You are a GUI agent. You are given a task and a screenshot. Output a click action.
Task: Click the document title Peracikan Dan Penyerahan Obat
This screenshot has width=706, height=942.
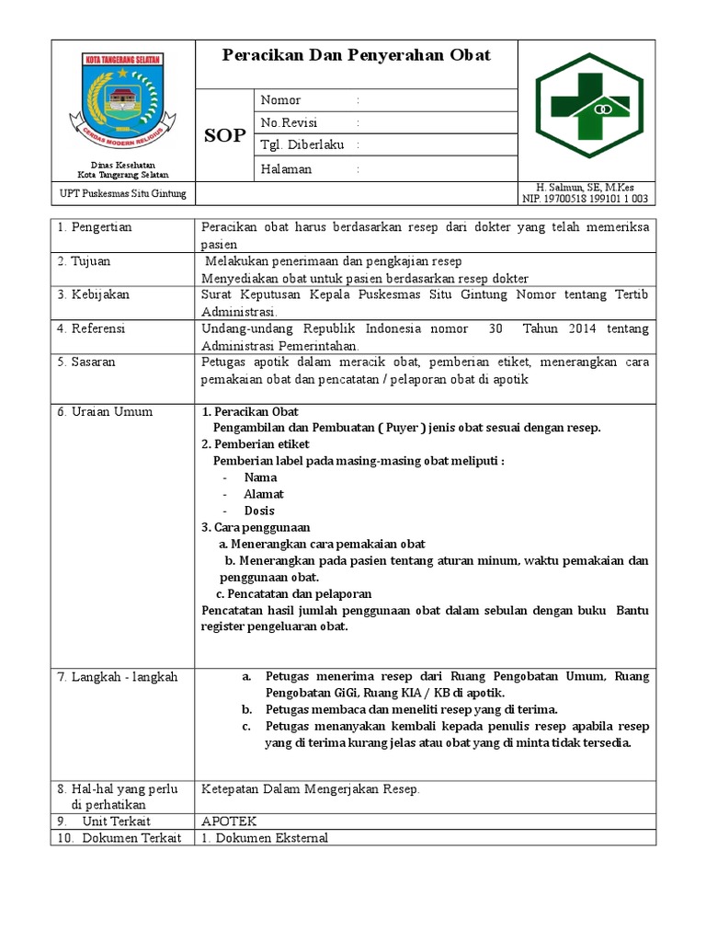[x=357, y=55]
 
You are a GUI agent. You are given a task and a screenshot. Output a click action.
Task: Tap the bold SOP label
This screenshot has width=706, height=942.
[x=224, y=136]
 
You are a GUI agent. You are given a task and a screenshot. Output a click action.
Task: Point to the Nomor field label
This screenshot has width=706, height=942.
[x=280, y=100]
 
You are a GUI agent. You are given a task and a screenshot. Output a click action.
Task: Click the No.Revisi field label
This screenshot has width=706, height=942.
[x=286, y=123]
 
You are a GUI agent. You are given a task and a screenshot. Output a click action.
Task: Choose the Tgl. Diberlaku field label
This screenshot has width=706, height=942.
[x=299, y=145]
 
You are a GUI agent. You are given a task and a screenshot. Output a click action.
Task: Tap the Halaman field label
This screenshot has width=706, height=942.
[x=286, y=169]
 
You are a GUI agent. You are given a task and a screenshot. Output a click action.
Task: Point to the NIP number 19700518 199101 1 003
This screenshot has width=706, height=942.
[x=585, y=198]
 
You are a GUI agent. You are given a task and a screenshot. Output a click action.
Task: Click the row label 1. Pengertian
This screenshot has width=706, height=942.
[x=95, y=227]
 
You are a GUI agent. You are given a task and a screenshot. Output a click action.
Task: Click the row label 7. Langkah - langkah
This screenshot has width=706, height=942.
[x=118, y=676]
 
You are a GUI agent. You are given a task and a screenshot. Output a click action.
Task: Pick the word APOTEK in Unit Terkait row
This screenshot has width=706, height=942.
[x=229, y=821]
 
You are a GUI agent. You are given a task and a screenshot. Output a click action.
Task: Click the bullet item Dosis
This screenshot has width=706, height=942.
[x=259, y=511]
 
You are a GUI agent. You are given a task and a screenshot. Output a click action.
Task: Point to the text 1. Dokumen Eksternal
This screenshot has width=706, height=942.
[x=264, y=837]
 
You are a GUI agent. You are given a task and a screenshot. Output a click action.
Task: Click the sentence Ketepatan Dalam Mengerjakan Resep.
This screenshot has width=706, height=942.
[x=310, y=789]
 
